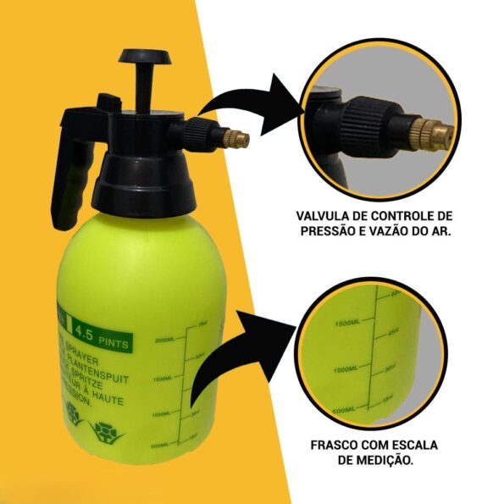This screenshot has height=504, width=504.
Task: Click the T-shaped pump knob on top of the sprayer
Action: tap(146, 58)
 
